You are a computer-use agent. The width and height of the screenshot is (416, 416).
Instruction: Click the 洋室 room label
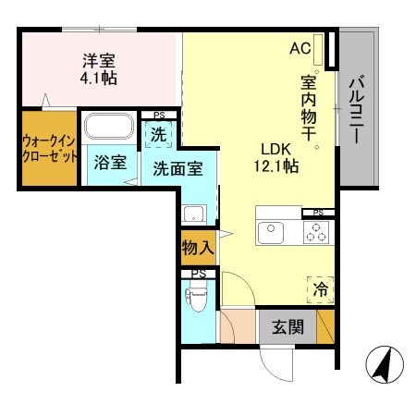coord(99,61)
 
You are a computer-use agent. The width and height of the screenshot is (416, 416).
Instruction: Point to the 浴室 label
coord(110,163)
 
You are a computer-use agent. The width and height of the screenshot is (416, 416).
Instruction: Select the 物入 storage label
coord(197,248)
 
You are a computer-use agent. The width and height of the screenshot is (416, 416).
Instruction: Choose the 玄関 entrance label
coord(287,325)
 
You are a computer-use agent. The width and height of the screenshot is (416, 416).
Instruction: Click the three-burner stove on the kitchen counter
coord(316,234)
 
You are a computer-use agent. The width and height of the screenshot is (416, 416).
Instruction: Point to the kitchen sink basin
coord(271,233)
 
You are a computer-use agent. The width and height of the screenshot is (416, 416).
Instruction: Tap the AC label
coord(300,48)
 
